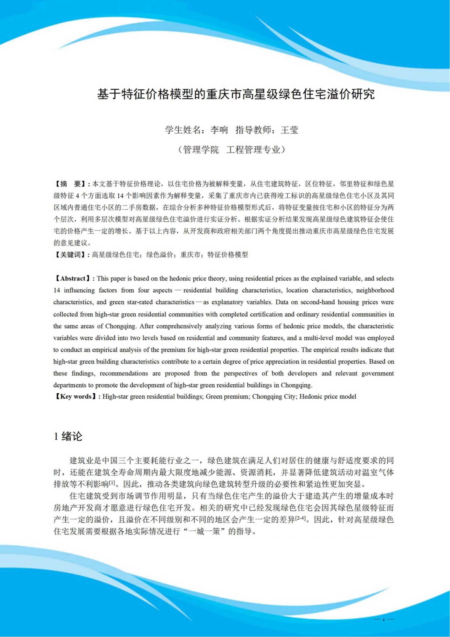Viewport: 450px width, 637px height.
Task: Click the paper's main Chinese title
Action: [x=236, y=94]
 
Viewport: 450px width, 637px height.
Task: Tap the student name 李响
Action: [x=219, y=130]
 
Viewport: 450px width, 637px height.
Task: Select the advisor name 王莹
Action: [x=289, y=130]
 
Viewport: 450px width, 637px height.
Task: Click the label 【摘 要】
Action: [x=71, y=184]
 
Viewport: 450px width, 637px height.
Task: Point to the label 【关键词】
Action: [x=71, y=255]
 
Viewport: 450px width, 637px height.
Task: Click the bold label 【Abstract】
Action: [x=73, y=278]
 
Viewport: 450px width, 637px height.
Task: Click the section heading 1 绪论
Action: [x=68, y=436]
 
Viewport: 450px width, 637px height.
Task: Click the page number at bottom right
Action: [x=384, y=619]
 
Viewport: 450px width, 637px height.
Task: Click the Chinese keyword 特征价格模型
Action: [x=228, y=255]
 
